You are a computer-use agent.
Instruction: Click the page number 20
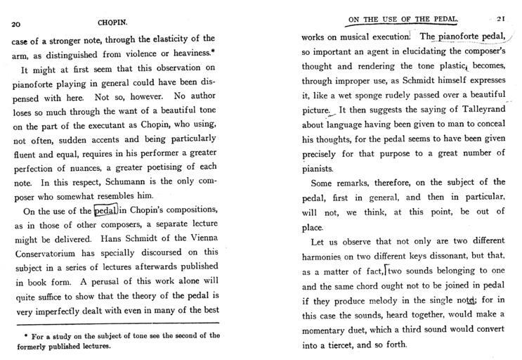pos(15,23)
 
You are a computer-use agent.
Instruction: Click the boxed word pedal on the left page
pos(106,210)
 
